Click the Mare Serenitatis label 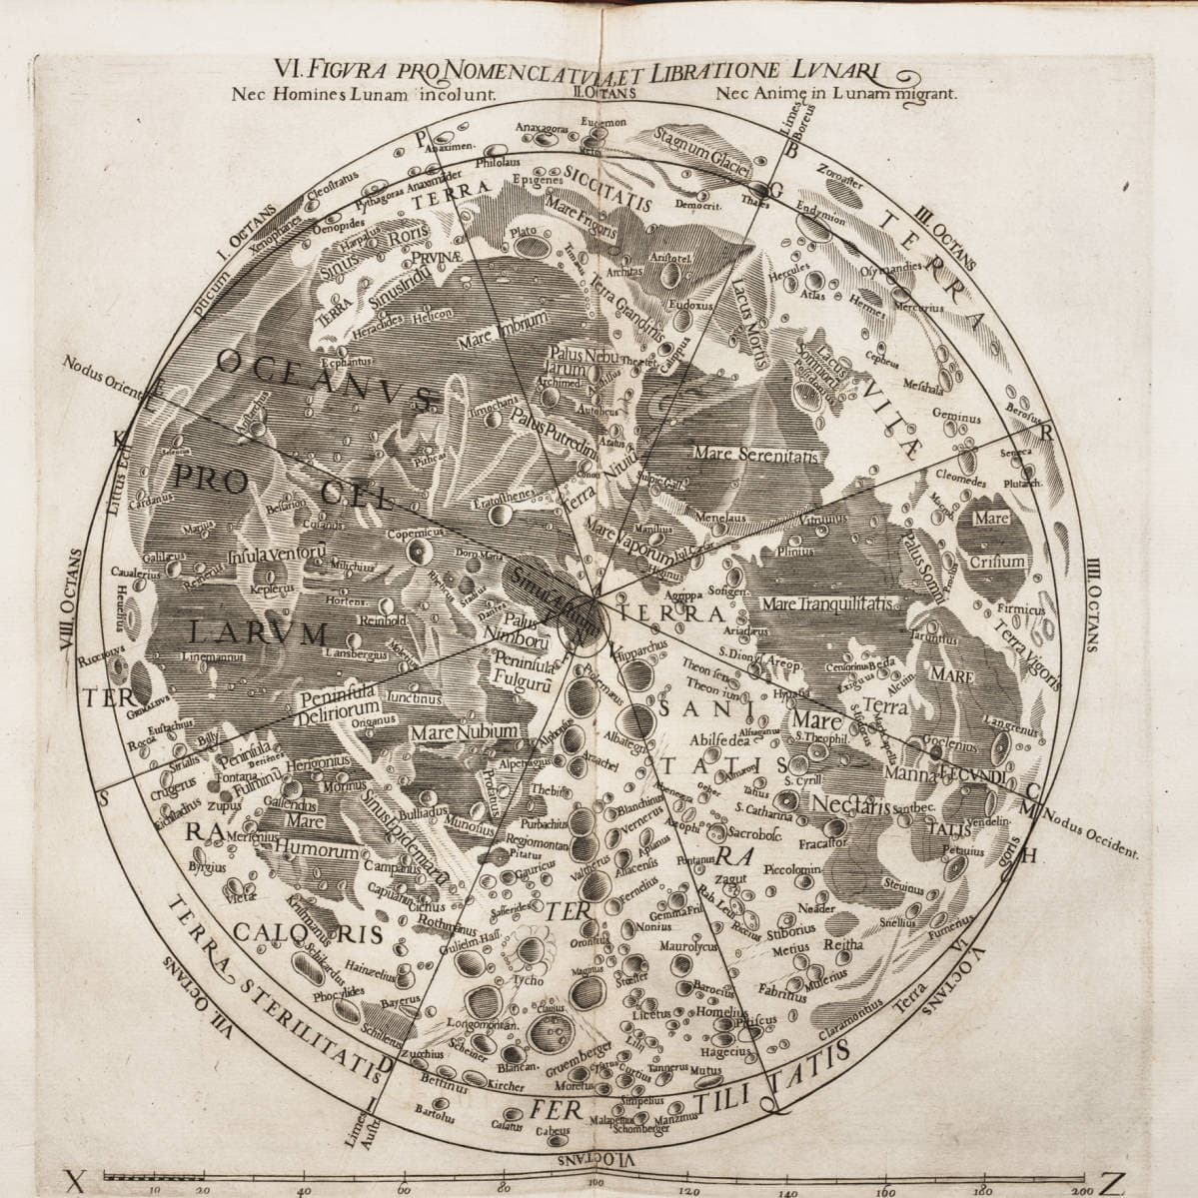[x=755, y=454]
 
